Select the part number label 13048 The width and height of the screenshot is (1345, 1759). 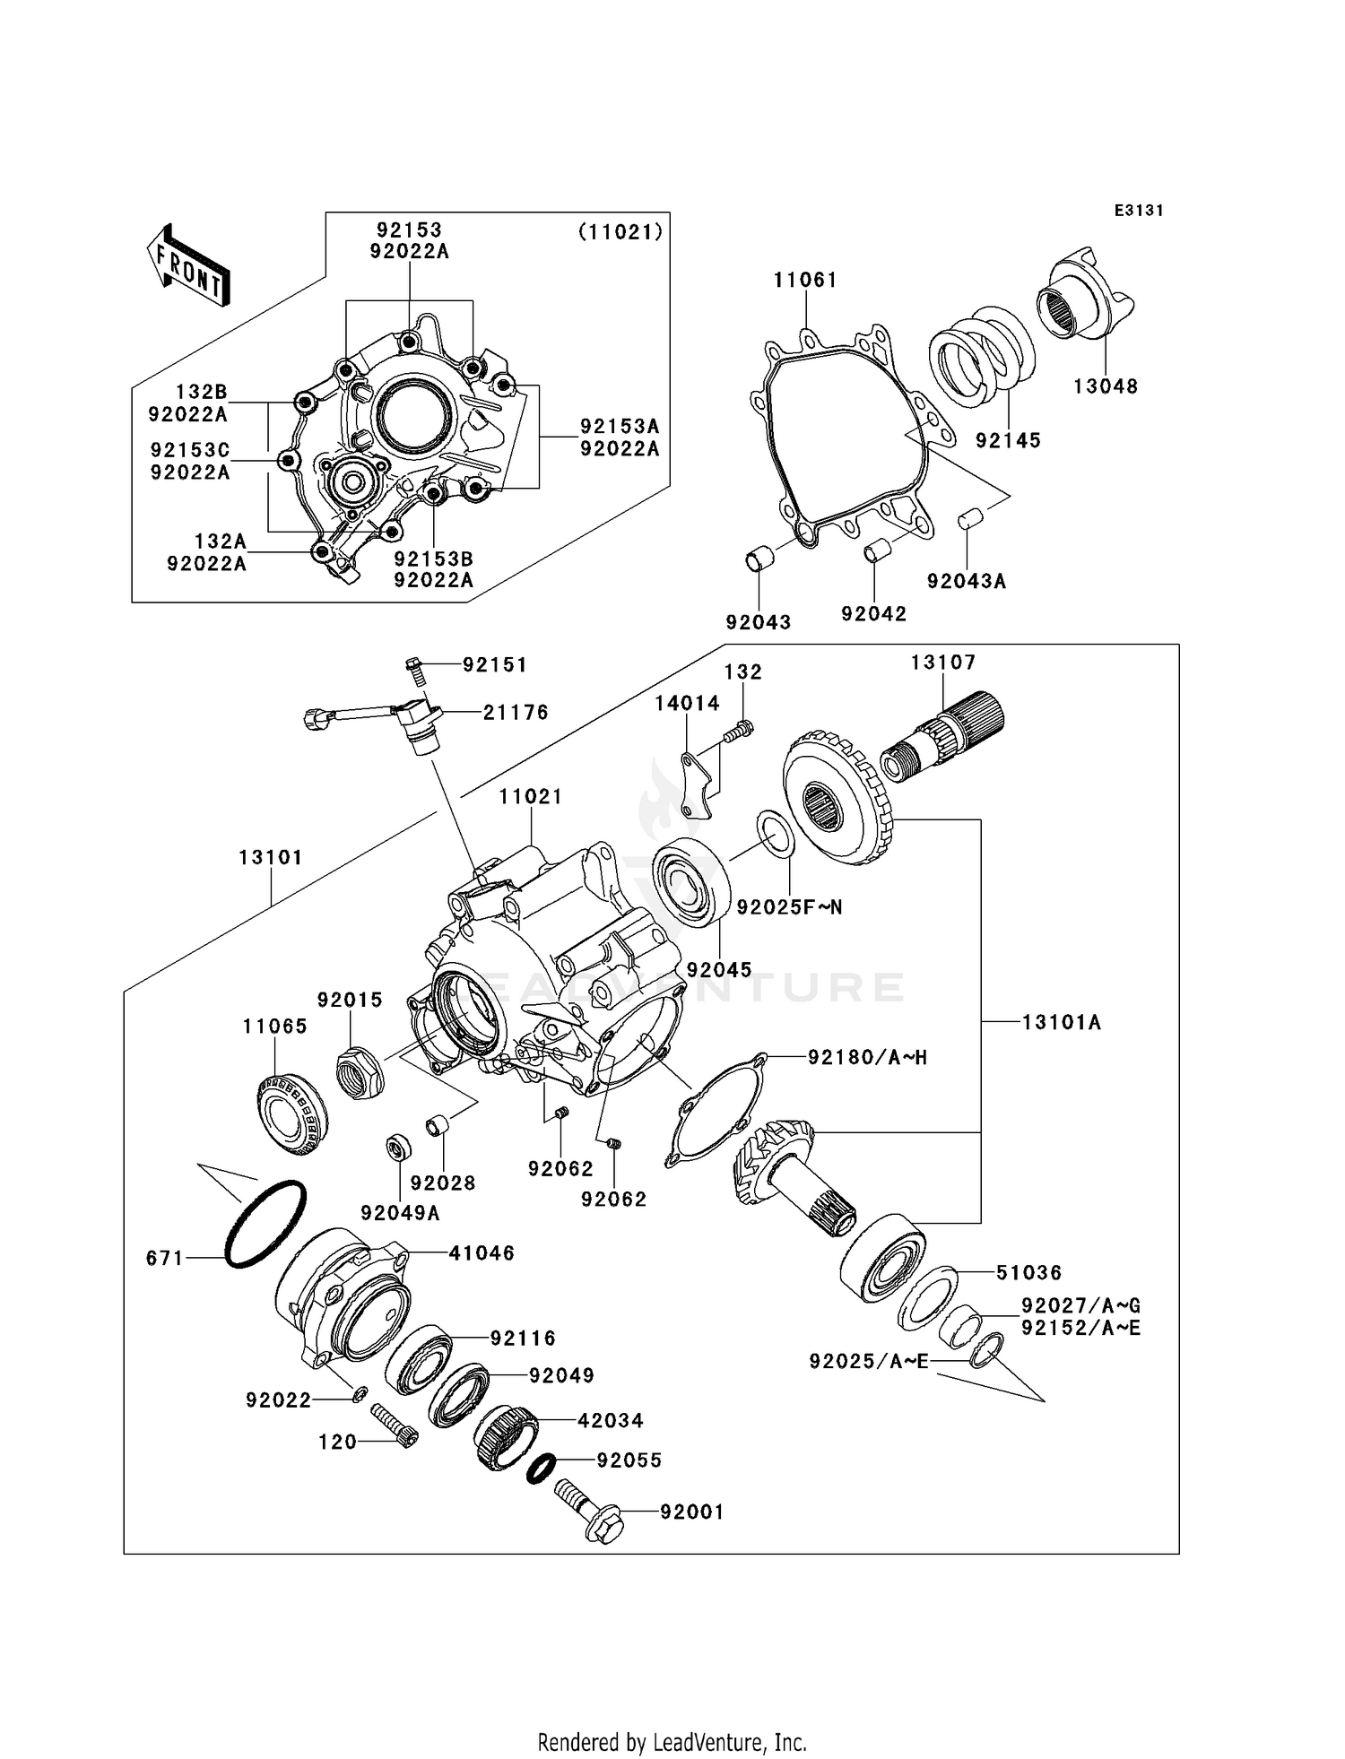1106,386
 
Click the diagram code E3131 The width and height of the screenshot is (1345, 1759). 1139,211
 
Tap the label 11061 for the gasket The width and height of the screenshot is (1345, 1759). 805,281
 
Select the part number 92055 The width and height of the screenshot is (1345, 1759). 629,1460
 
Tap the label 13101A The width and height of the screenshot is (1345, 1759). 1061,1022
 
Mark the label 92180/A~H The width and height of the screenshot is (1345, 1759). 866,1058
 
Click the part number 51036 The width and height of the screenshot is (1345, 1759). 1028,1273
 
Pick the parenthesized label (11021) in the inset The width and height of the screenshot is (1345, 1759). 620,232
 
